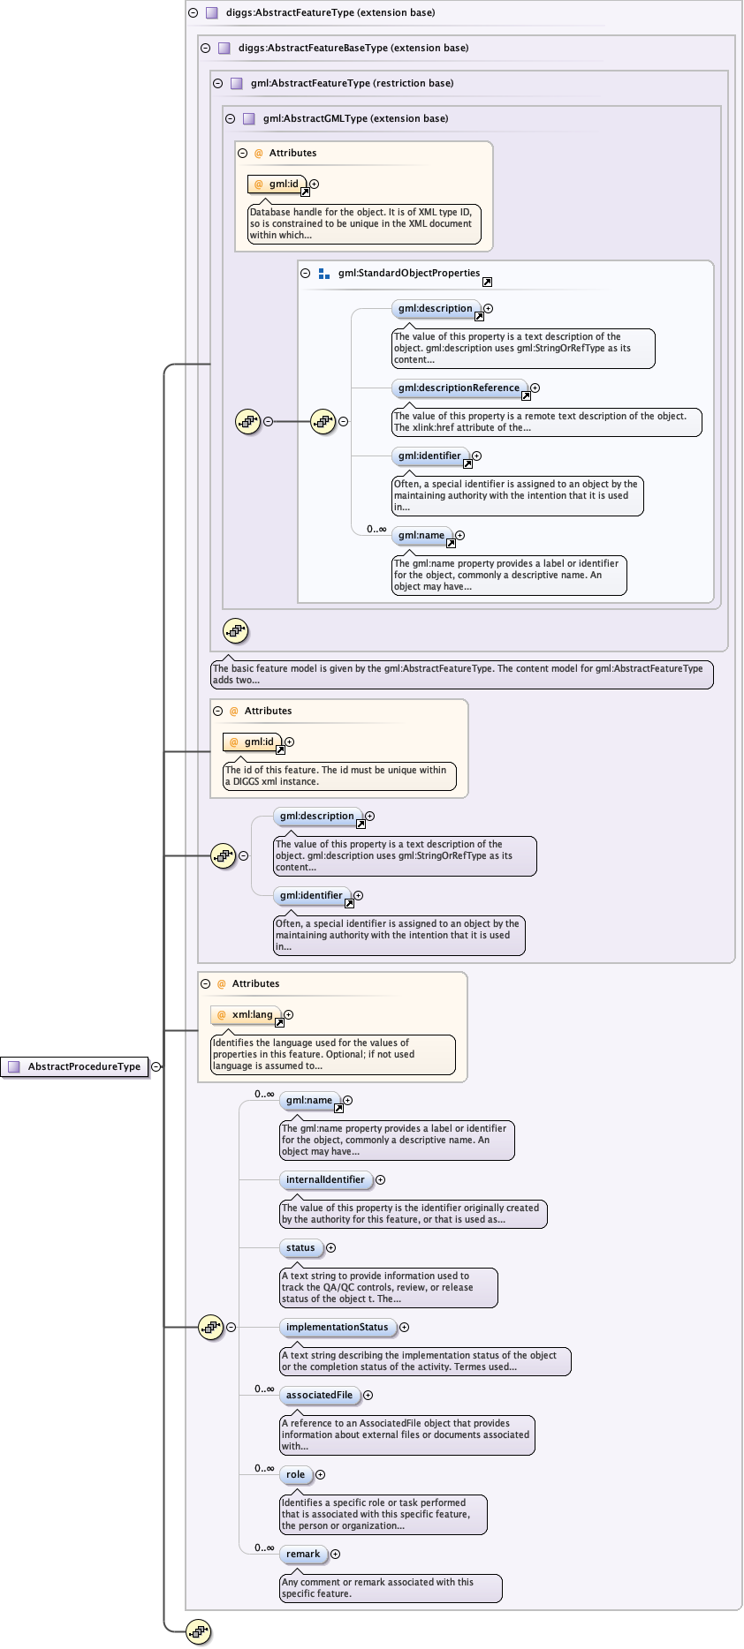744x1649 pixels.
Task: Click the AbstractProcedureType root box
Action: (x=75, y=1066)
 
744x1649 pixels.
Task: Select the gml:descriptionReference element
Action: (x=459, y=388)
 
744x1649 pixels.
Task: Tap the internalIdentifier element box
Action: (x=325, y=1179)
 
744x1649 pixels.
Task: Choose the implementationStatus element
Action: (x=337, y=1327)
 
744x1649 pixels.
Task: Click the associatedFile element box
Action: (x=319, y=1395)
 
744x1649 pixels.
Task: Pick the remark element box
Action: (x=303, y=1554)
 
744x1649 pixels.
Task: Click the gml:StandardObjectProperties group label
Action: (x=408, y=274)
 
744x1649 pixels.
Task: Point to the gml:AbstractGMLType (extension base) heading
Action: (x=355, y=118)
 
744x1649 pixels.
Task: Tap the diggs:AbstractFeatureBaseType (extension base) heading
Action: (x=353, y=48)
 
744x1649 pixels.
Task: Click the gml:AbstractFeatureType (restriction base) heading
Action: (x=352, y=83)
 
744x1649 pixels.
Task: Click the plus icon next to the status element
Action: (x=331, y=1247)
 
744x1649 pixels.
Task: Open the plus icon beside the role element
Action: (x=321, y=1474)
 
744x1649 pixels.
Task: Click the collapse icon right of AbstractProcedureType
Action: (x=156, y=1066)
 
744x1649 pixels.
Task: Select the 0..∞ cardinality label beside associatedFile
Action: (x=264, y=1389)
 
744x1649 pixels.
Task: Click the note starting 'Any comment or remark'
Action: (x=391, y=1587)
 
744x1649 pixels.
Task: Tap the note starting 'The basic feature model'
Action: (x=461, y=674)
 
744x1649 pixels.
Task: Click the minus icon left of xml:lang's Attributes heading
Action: (x=205, y=983)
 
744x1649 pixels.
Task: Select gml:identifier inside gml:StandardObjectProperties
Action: (x=429, y=456)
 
